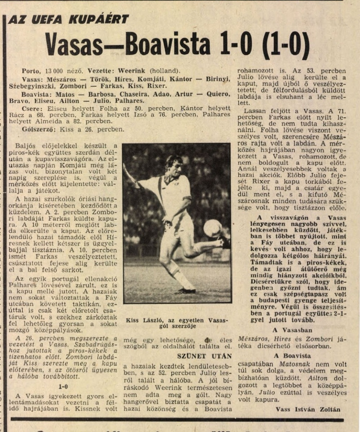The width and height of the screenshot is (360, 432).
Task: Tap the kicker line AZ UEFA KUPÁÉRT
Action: tap(68, 19)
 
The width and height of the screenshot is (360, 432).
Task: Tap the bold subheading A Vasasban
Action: tap(292, 330)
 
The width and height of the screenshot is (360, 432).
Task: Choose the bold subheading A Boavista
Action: tap(292, 356)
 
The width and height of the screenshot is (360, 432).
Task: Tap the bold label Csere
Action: tap(31, 108)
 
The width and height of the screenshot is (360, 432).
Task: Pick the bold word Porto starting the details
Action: tap(31, 71)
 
